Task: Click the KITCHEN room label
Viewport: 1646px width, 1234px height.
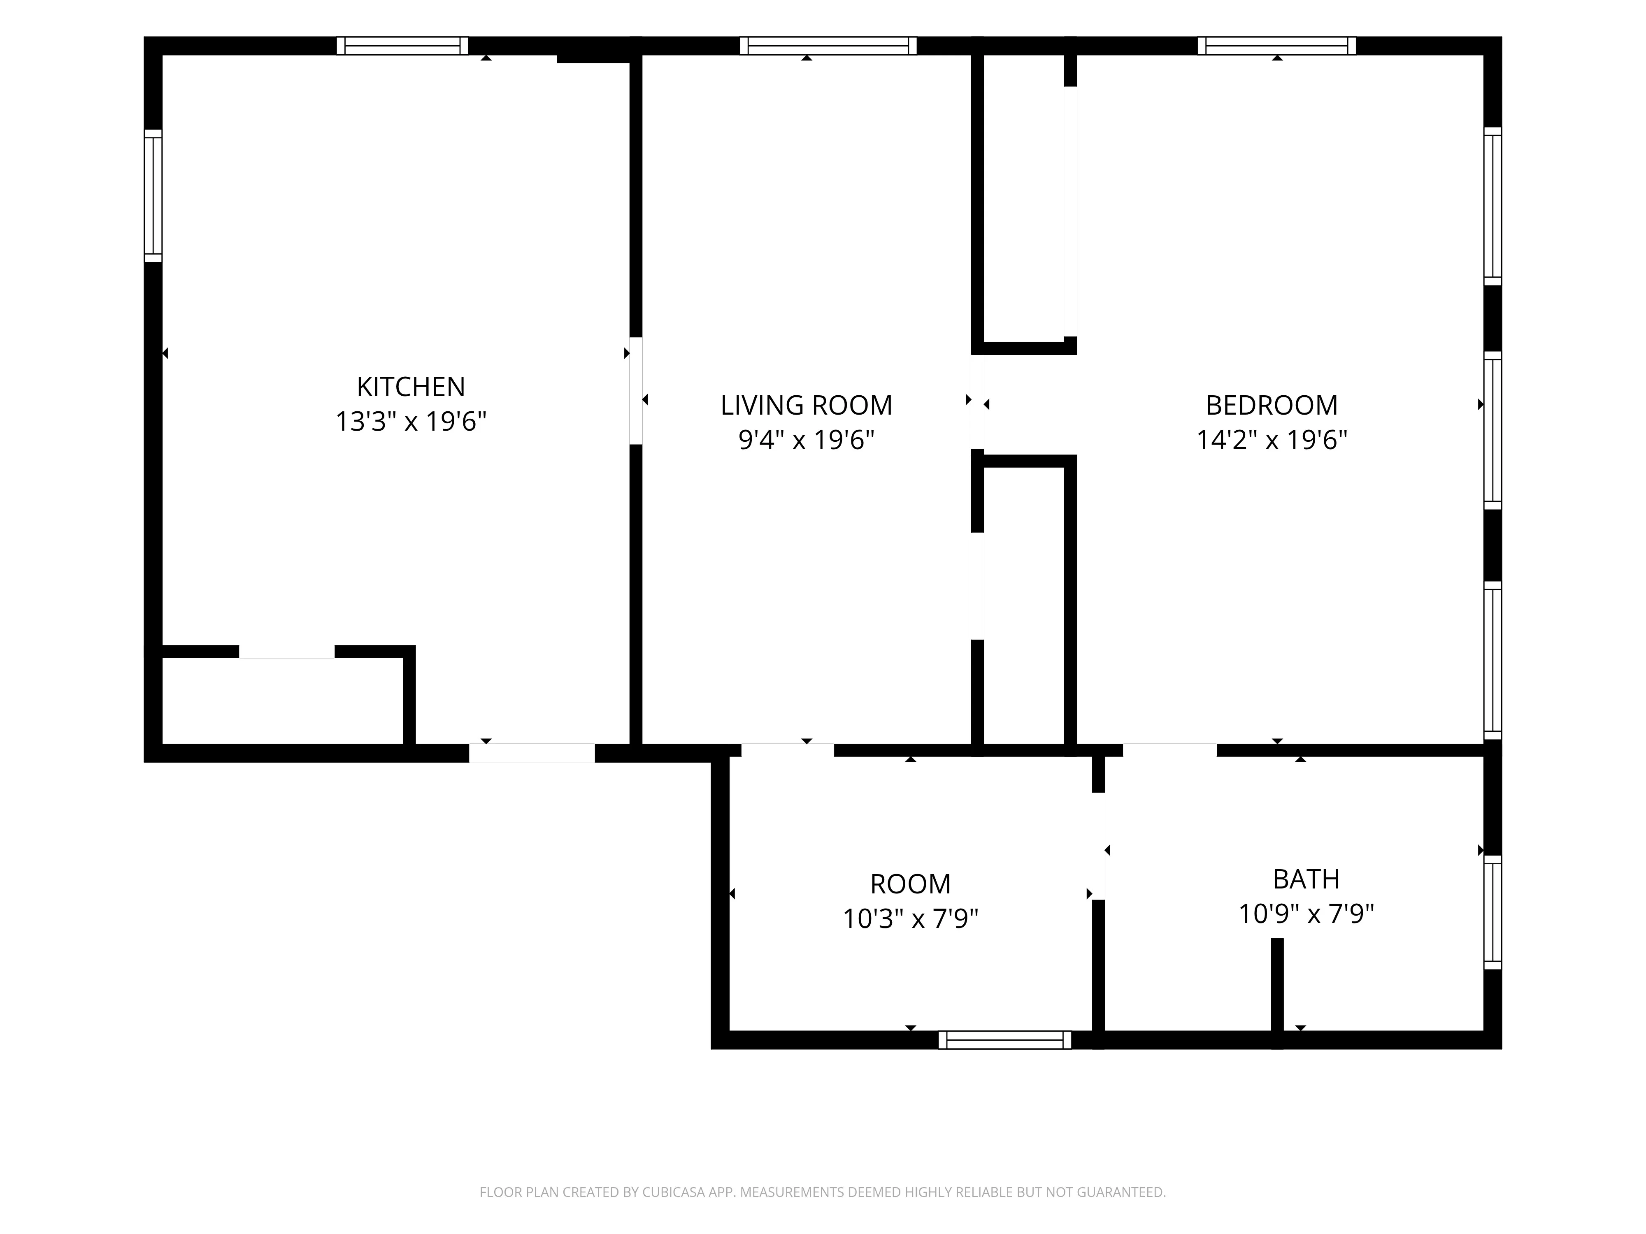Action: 411,387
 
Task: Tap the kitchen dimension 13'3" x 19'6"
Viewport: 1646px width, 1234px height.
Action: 411,422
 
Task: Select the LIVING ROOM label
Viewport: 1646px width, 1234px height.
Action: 807,406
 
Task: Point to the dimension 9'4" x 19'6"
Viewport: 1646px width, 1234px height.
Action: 807,441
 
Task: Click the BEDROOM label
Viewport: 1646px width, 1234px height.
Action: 1272,406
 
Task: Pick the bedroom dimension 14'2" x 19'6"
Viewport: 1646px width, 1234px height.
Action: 1272,441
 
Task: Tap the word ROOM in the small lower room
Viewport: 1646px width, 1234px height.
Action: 910,884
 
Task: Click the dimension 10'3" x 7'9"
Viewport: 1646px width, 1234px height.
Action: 910,919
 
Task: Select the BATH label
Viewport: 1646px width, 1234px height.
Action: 1306,879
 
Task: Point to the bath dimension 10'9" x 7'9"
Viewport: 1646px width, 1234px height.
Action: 1306,914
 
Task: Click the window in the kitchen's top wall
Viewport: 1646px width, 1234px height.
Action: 402,46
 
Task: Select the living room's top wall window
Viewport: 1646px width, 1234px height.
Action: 828,46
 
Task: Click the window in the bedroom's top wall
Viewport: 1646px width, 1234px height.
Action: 1277,46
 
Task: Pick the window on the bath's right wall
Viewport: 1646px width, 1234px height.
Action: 1493,912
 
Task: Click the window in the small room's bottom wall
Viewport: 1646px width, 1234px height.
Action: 1004,1040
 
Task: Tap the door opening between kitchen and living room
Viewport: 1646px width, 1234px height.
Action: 636,391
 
